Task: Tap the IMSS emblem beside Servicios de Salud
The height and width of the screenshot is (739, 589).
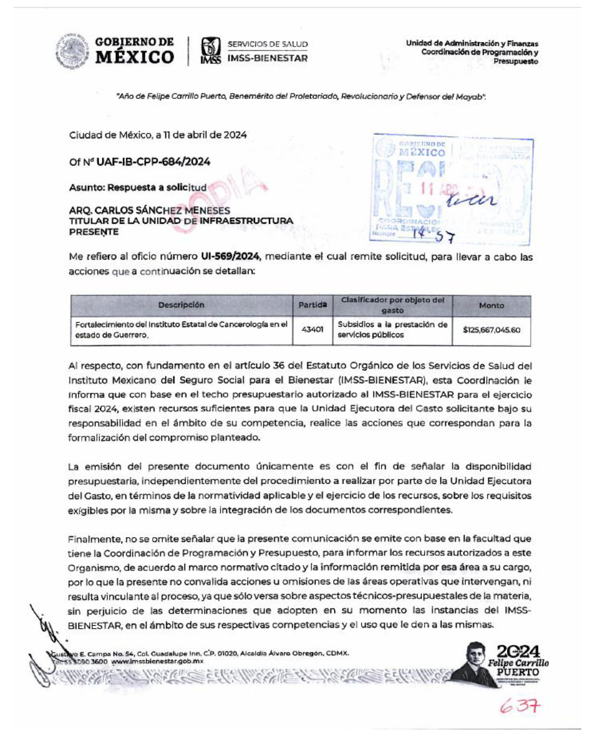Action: pos(211,50)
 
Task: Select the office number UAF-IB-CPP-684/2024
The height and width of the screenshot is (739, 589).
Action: pos(153,162)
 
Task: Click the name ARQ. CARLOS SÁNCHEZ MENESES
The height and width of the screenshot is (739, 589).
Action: pos(149,210)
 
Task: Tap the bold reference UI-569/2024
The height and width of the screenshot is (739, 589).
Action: pos(230,256)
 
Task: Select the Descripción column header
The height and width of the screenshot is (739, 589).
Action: pos(181,305)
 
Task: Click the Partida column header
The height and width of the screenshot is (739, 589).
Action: pos(312,305)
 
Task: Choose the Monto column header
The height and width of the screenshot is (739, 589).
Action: pos(491,306)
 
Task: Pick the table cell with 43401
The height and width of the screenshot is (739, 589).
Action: pos(312,329)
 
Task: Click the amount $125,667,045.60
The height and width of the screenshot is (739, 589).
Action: pos(492,330)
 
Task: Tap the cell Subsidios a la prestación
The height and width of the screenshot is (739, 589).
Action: pos(392,329)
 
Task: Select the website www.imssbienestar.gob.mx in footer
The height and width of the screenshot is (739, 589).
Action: pos(157,661)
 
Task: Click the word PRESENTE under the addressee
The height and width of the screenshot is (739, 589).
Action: pos(94,232)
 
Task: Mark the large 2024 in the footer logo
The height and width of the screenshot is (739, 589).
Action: pos(518,652)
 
